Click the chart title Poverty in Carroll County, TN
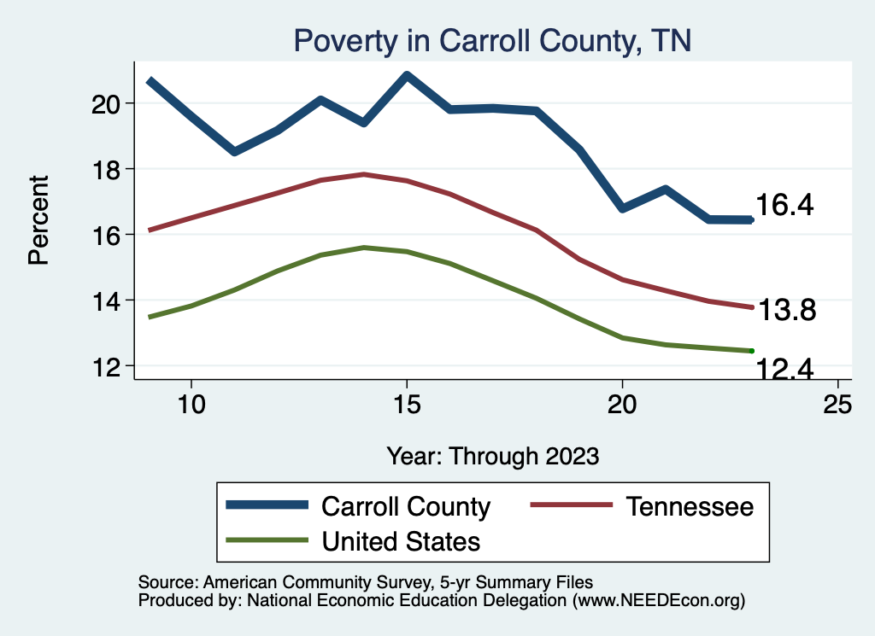[491, 40]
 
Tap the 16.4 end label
[784, 205]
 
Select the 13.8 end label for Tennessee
[787, 311]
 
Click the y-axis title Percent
[39, 220]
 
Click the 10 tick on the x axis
[191, 405]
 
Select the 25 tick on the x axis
[837, 405]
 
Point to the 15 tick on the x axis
[407, 405]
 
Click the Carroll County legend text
[406, 506]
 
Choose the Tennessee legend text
[690, 506]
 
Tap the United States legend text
[401, 541]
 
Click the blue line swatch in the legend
[267, 505]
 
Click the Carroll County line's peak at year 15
[407, 76]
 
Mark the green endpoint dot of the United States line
[751, 351]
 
